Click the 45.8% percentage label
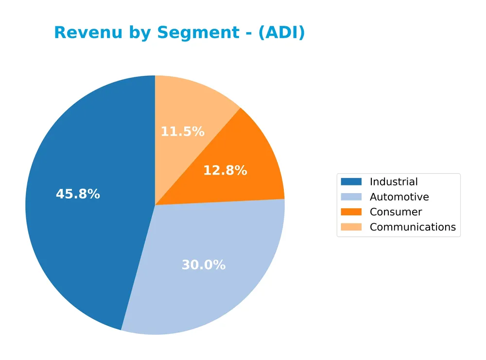coord(78,194)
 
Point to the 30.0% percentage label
coord(204,265)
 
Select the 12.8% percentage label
coord(225,171)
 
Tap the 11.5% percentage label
coord(182,132)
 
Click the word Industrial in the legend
coord(394,182)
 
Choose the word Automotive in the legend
coord(399,197)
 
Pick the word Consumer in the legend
coord(396,212)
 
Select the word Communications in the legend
coord(413,227)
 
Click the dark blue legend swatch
coord(351,182)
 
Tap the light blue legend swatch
coord(351,197)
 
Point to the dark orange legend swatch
coord(351,212)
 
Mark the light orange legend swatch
coord(351,227)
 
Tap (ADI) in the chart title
coord(281,33)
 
